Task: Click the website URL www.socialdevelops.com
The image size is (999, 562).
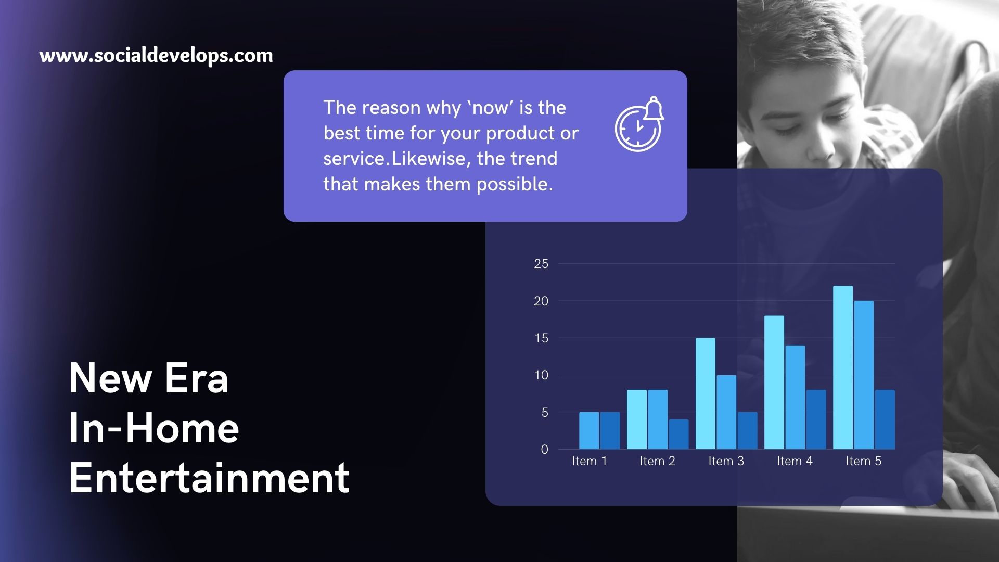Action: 156,55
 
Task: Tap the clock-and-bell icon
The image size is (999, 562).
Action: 639,124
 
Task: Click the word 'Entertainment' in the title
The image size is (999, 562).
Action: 209,478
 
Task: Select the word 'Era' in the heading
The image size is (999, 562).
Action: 196,378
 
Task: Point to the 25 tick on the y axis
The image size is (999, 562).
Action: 541,264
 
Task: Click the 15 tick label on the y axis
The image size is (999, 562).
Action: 541,338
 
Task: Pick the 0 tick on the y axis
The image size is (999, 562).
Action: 544,449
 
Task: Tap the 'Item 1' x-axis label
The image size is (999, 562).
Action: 590,461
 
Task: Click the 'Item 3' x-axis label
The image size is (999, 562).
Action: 726,461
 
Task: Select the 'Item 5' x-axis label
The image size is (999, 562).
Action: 864,461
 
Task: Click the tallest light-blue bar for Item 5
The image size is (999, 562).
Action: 843,367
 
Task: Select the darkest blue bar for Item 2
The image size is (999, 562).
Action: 678,434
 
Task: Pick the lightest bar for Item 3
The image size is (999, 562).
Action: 706,393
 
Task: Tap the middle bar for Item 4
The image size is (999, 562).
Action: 795,397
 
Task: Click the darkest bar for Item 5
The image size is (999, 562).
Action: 885,419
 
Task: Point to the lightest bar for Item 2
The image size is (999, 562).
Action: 637,419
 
